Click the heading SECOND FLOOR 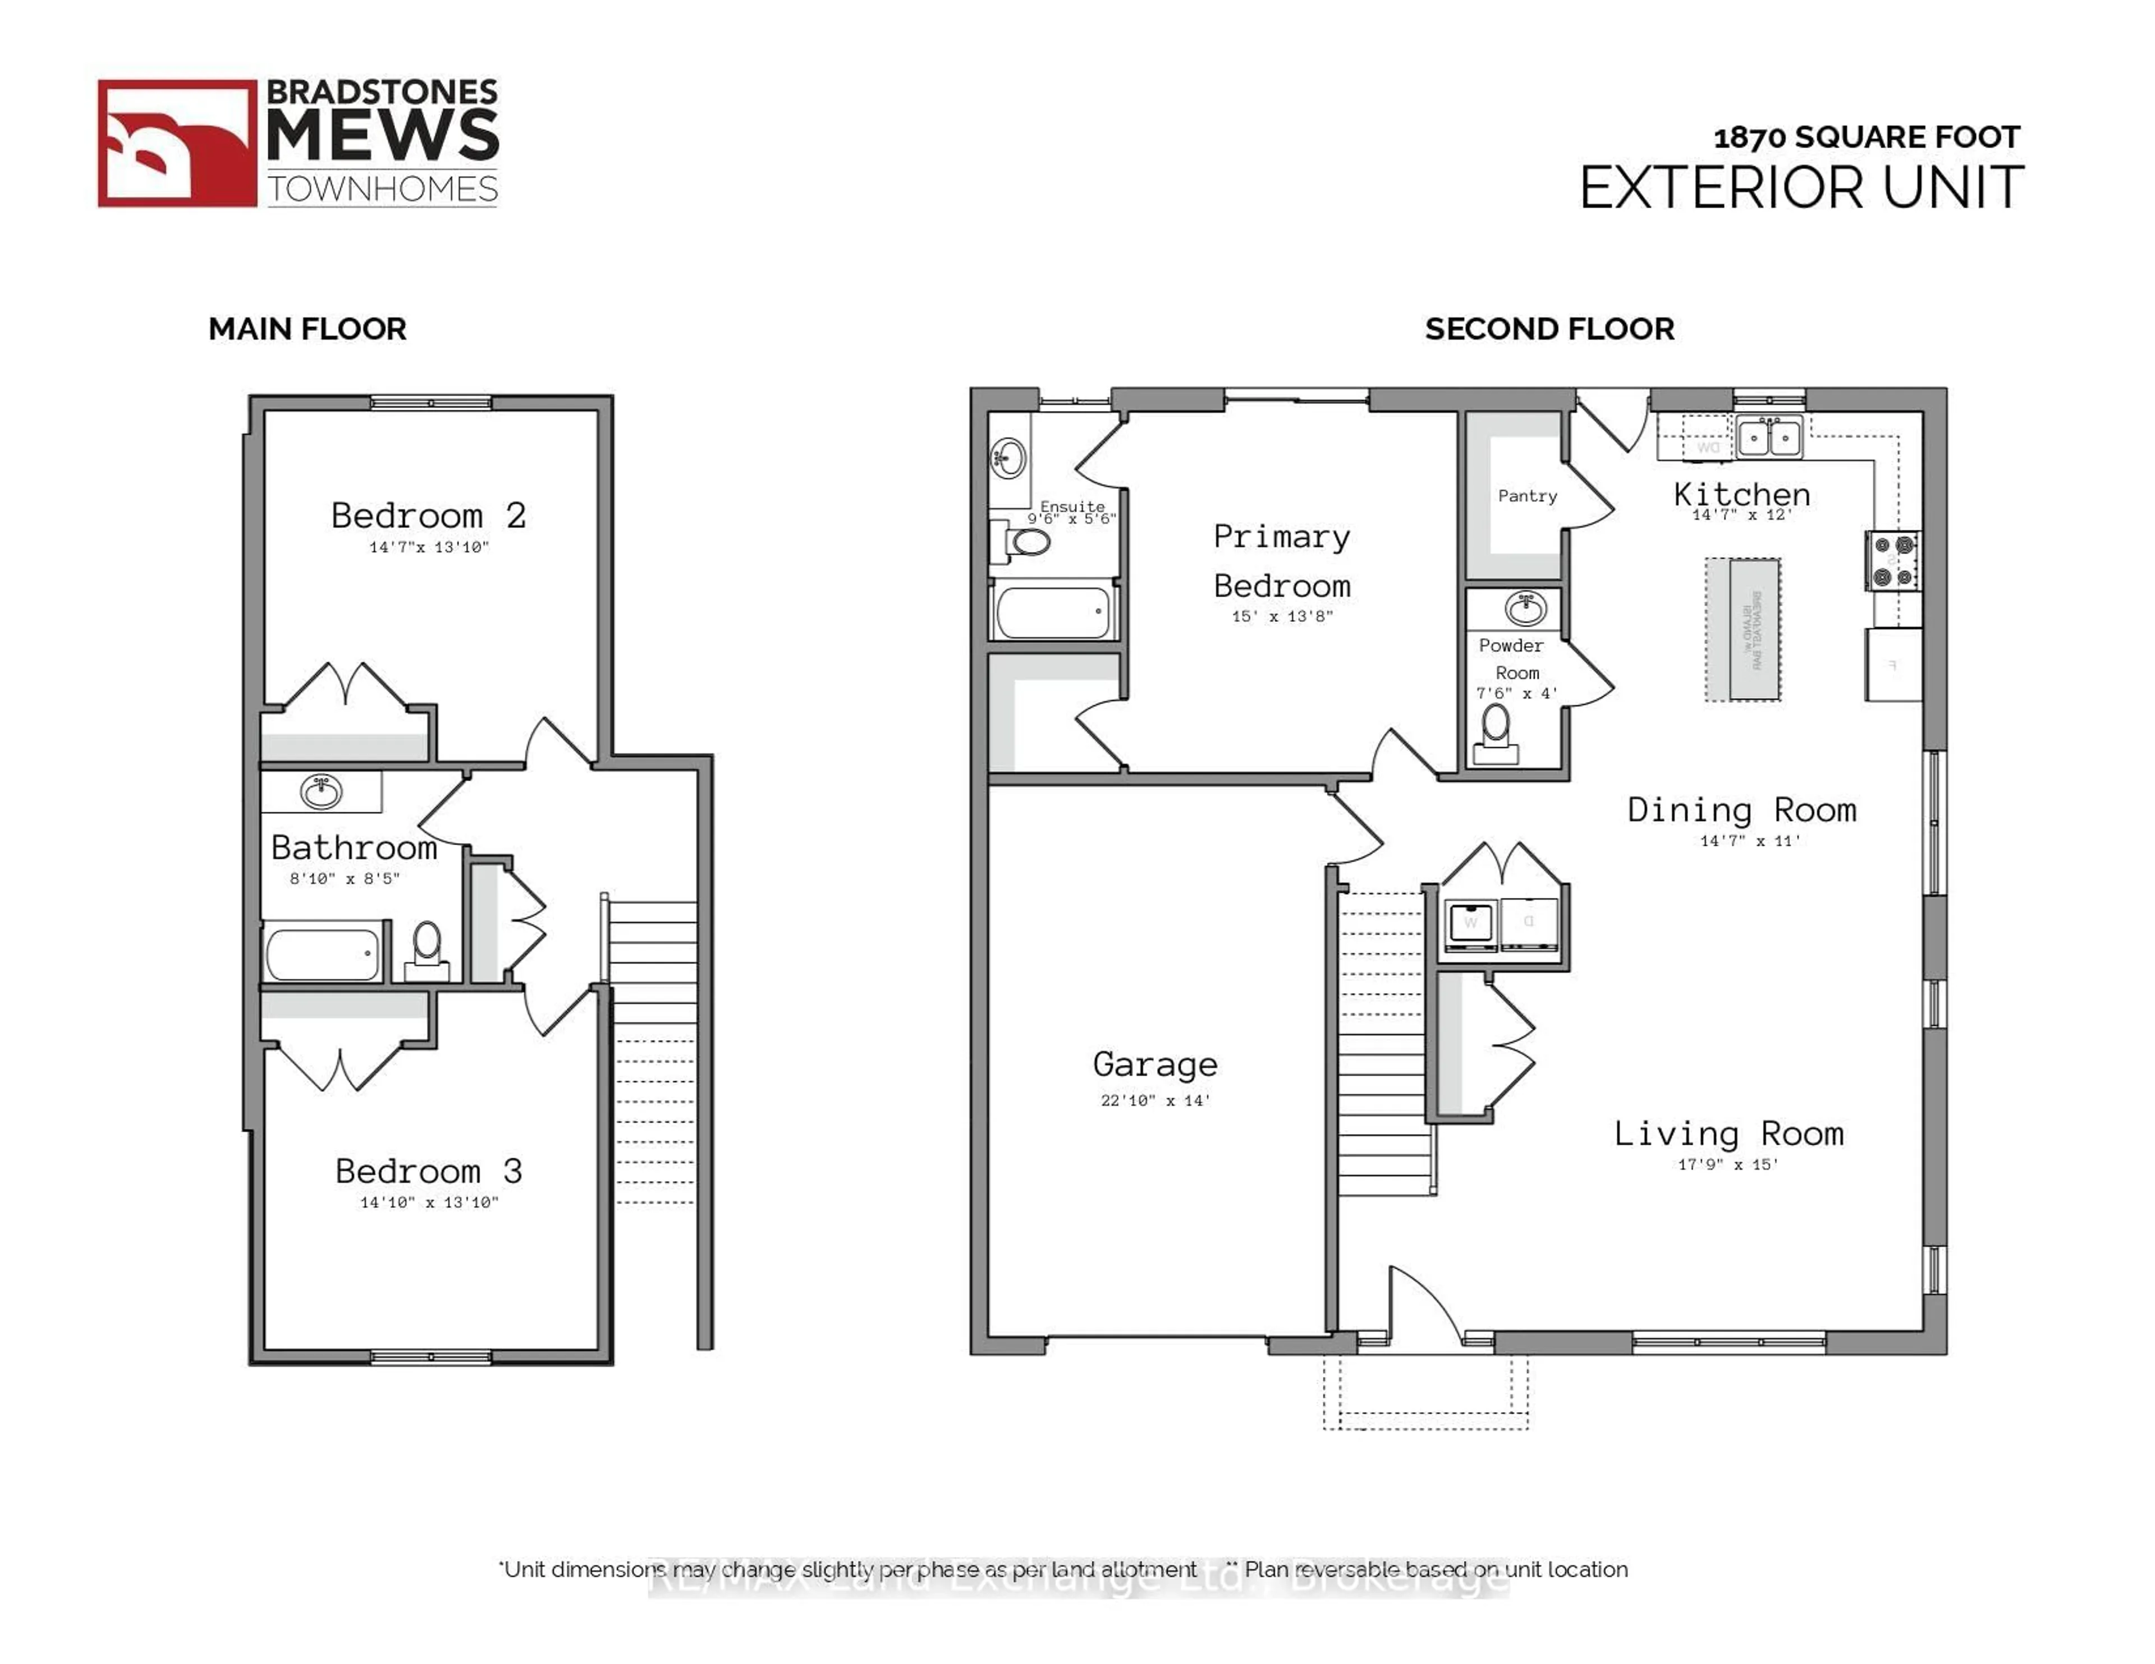click(1549, 329)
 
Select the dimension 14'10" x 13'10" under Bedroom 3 click(429, 1202)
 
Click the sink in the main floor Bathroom click(320, 791)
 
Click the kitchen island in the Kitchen click(1744, 629)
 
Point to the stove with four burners click(1892, 560)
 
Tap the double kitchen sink click(1769, 436)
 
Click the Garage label click(1154, 1064)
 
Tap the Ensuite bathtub click(1053, 612)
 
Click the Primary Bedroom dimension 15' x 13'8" click(1282, 616)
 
